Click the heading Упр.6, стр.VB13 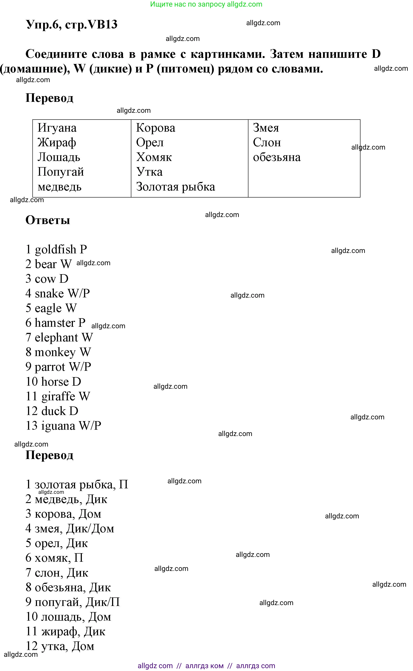pyautogui.click(x=72, y=24)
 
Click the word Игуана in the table pyautogui.click(x=57, y=128)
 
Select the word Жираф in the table pyautogui.click(x=57, y=143)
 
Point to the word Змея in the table pyautogui.click(x=266, y=128)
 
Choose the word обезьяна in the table pyautogui.click(x=276, y=157)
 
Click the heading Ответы pyautogui.click(x=48, y=220)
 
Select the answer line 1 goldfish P pyautogui.click(x=56, y=249)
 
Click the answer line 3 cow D pyautogui.click(x=47, y=279)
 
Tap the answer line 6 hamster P pyautogui.click(x=55, y=323)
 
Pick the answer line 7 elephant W pyautogui.click(x=59, y=337)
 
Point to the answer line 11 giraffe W pyautogui.click(x=58, y=396)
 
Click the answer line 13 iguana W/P pyautogui.click(x=63, y=426)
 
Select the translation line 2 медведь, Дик pyautogui.click(x=66, y=499)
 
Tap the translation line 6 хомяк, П pyautogui.click(x=54, y=558)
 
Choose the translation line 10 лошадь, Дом pyautogui.click(x=68, y=617)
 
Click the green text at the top pyautogui.click(x=206, y=4)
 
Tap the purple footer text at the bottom pyautogui.click(x=206, y=666)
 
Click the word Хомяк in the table pyautogui.click(x=154, y=157)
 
